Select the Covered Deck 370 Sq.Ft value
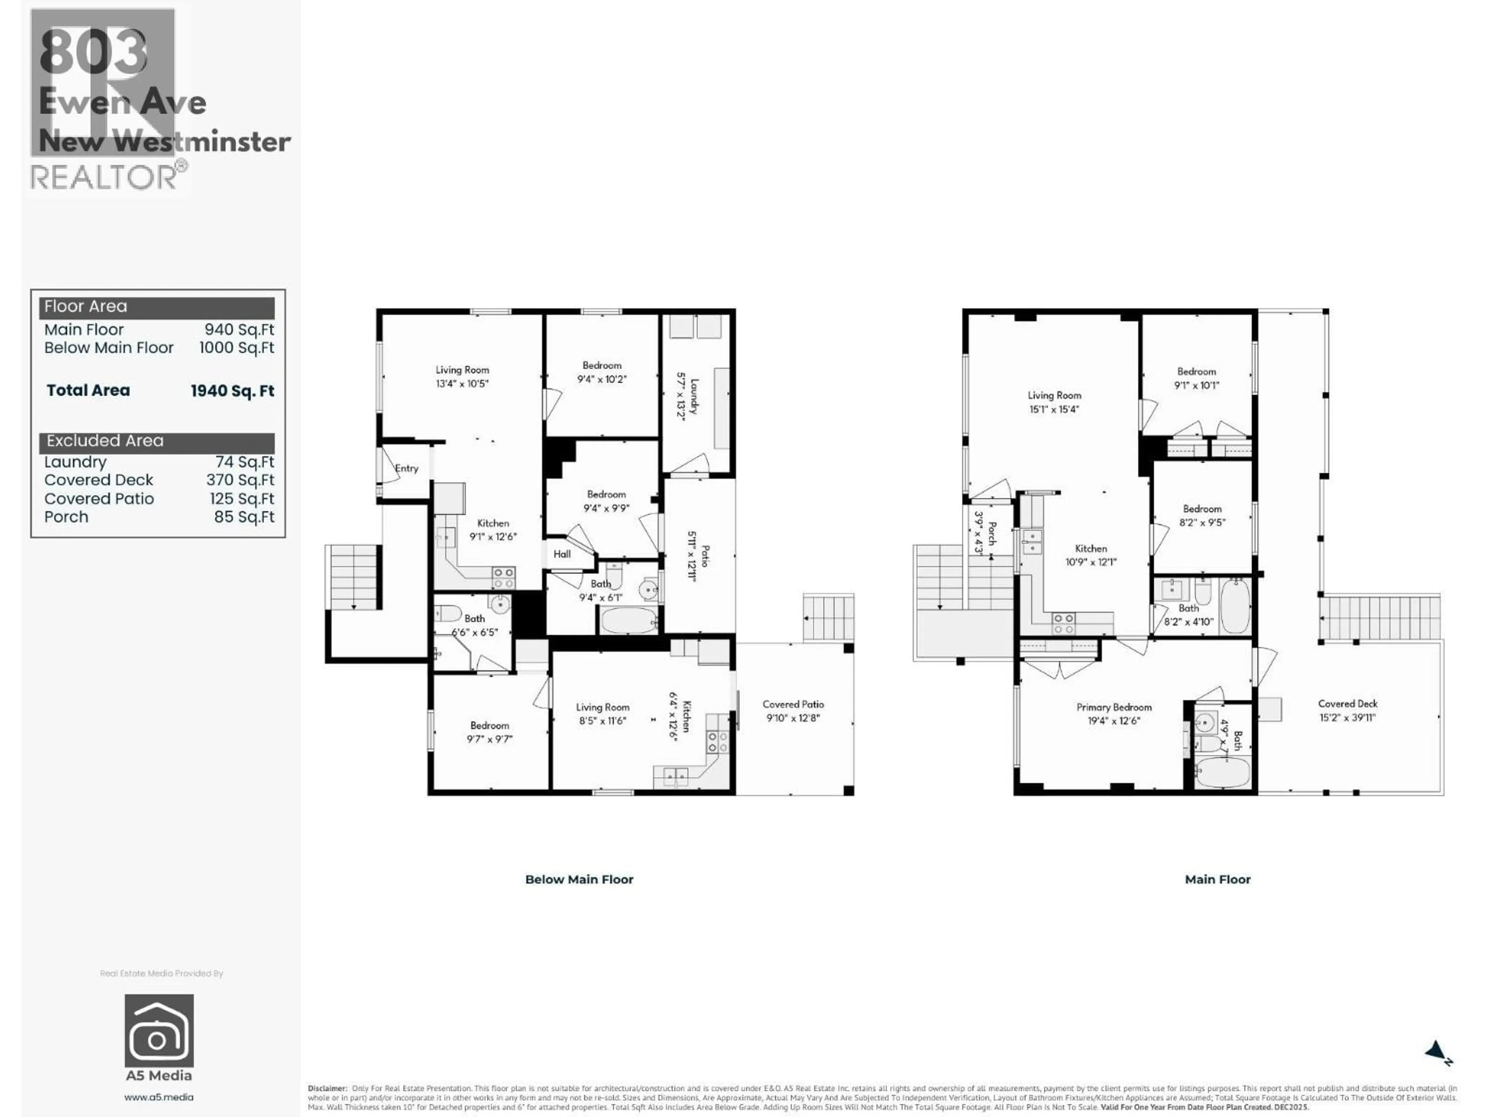(240, 480)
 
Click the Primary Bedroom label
(1114, 707)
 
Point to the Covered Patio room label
(793, 704)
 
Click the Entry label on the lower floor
(406, 469)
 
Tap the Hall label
(562, 554)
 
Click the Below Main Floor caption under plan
(579, 879)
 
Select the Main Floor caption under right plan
(1217, 879)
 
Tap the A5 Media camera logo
(159, 1031)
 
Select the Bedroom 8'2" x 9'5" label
(1202, 509)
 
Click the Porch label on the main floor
(991, 533)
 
